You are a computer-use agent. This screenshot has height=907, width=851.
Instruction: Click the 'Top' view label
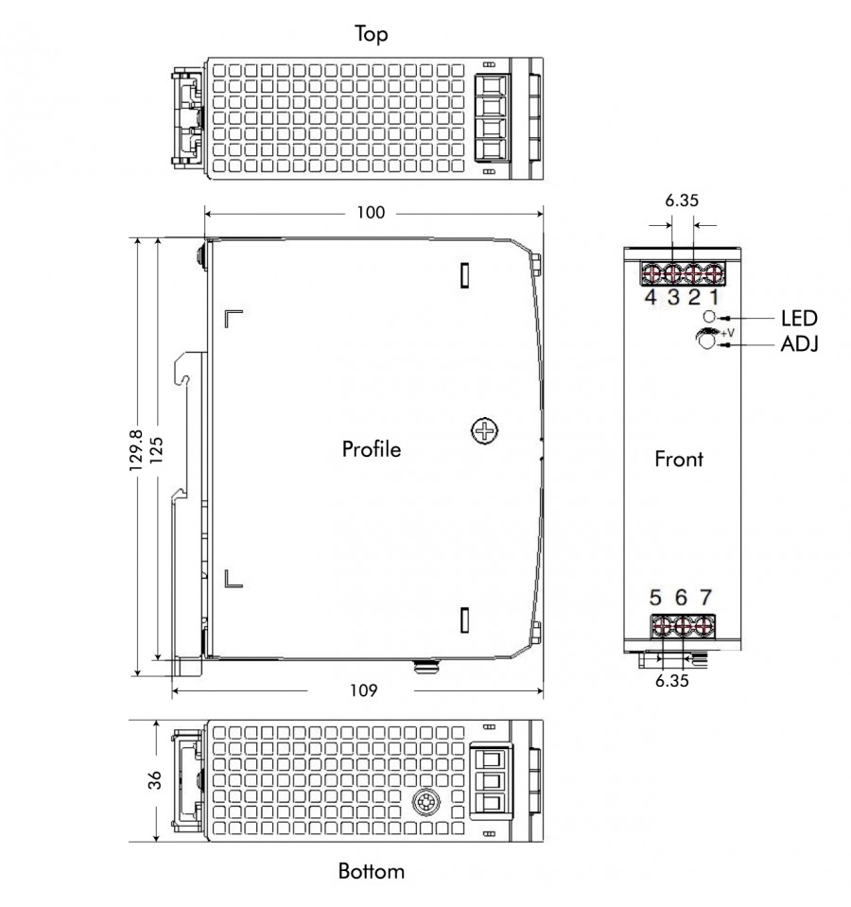[x=372, y=33]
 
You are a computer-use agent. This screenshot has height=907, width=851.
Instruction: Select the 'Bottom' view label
[x=372, y=871]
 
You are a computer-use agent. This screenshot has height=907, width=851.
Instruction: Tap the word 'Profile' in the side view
[x=372, y=449]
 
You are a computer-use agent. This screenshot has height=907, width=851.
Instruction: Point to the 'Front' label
[x=679, y=459]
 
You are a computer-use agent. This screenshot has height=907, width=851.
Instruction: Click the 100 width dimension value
[x=371, y=212]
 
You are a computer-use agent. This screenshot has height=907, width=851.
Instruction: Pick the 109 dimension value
[x=363, y=690]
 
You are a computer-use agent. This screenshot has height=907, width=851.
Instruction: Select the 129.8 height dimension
[x=136, y=450]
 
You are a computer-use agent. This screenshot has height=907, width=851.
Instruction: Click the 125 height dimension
[x=157, y=450]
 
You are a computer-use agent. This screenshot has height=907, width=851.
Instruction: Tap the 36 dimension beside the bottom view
[x=155, y=780]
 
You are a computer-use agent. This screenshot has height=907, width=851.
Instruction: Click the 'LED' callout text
[x=799, y=318]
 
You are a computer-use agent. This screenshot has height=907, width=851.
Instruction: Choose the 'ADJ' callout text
[x=800, y=344]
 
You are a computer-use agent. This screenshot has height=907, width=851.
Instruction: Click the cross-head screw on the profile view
[x=484, y=430]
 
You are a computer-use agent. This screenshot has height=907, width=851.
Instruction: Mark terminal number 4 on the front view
[x=651, y=297]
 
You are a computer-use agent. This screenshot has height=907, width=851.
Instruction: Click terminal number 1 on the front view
[x=715, y=297]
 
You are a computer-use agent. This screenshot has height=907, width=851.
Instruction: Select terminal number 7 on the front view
[x=705, y=597]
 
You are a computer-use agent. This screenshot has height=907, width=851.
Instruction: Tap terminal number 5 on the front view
[x=655, y=597]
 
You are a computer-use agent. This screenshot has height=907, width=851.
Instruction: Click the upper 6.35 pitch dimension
[x=682, y=201]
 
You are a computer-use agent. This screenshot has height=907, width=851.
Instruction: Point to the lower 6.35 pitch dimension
[x=671, y=681]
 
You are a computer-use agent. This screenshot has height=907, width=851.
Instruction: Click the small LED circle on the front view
[x=709, y=317]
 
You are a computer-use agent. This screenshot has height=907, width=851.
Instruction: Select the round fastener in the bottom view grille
[x=426, y=803]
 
